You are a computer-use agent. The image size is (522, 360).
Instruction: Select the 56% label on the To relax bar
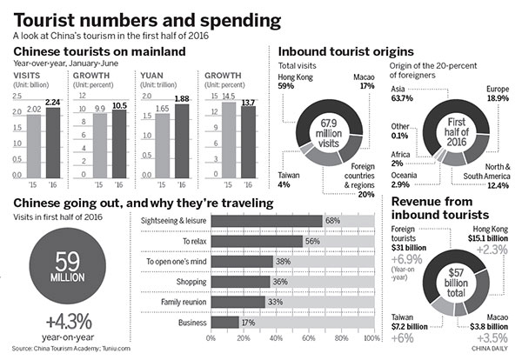tap(311, 242)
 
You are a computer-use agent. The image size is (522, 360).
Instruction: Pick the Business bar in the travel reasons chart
tap(224, 322)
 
